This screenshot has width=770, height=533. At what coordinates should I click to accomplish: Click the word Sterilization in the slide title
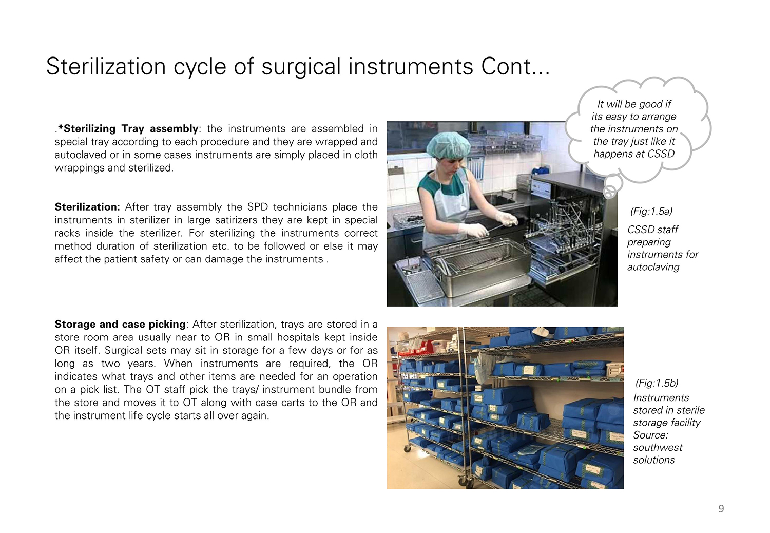(x=106, y=66)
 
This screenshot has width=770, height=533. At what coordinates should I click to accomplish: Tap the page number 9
(x=721, y=508)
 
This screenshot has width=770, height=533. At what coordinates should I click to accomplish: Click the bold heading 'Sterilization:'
(x=87, y=207)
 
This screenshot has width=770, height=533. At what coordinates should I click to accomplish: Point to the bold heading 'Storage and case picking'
(x=120, y=325)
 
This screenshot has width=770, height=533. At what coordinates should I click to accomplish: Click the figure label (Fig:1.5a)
(x=651, y=211)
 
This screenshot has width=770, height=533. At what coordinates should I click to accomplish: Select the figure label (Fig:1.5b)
(x=657, y=383)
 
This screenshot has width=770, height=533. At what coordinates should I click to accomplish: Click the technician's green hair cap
(x=448, y=145)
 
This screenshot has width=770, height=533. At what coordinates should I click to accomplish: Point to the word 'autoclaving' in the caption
(x=653, y=267)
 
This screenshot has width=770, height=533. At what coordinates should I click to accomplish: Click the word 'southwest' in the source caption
(x=658, y=448)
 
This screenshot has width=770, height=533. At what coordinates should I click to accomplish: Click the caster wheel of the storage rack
(x=407, y=448)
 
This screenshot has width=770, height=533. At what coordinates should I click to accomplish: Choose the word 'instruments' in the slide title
(x=411, y=66)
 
